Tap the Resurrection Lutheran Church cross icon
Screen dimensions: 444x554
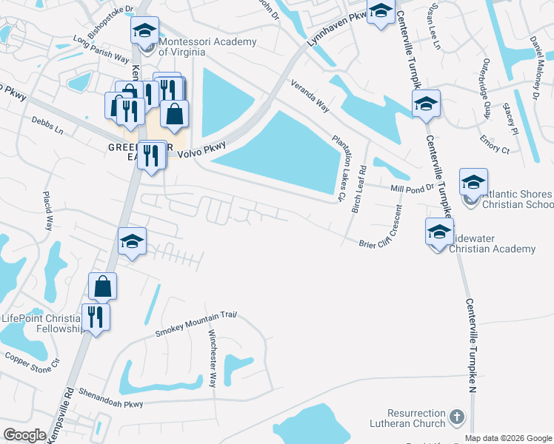456,418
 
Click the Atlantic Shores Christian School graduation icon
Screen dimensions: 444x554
473,181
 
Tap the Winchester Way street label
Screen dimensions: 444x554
213,358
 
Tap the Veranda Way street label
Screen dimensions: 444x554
310,95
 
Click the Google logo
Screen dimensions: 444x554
25,436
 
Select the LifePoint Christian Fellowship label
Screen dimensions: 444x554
41,324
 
